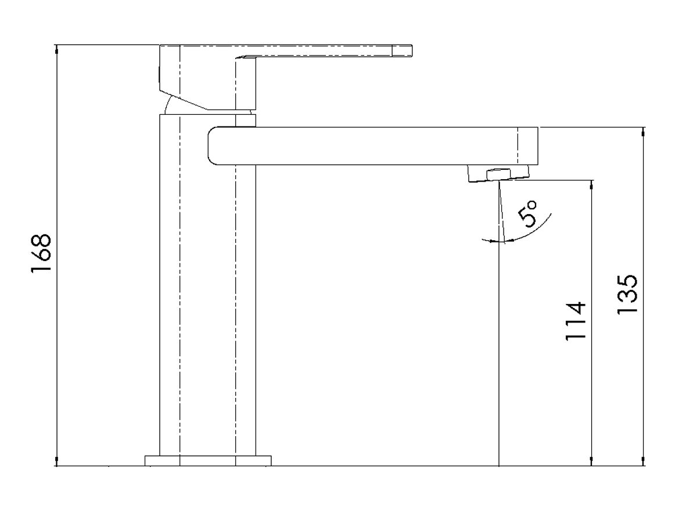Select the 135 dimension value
(628, 294)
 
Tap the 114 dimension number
(577, 321)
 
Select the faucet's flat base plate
(208, 461)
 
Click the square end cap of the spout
(527, 146)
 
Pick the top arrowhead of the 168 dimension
(56, 49)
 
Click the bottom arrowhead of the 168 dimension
(56, 461)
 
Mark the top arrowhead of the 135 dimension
(643, 132)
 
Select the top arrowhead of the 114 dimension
(591, 184)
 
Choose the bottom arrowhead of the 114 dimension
(591, 461)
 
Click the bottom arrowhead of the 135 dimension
(643, 461)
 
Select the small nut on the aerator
(499, 172)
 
